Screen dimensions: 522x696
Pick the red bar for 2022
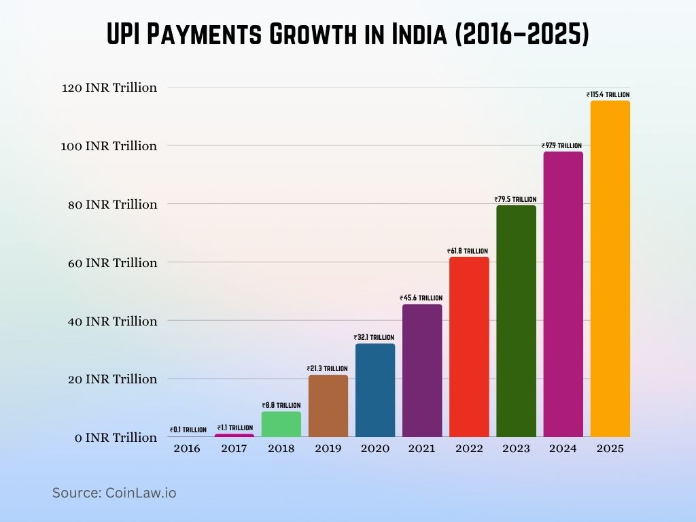[x=468, y=347]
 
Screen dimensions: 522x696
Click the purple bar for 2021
[x=422, y=370]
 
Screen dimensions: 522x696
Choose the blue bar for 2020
[x=375, y=390]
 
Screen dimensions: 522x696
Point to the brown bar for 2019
[x=328, y=406]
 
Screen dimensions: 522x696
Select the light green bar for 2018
[x=281, y=424]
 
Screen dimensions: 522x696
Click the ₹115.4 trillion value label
[x=608, y=95]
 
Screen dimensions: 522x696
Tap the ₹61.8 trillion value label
[x=468, y=251]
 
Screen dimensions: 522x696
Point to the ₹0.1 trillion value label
[x=188, y=430]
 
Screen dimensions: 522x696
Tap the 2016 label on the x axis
[x=187, y=449]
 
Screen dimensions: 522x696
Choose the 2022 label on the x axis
[x=469, y=449]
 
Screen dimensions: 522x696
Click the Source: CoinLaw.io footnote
[x=114, y=493]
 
